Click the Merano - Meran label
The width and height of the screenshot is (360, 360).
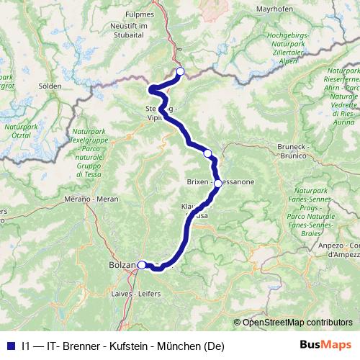pos(91,198)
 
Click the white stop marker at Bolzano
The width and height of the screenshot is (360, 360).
pos(142,265)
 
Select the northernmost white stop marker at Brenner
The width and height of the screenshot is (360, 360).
pos(180,71)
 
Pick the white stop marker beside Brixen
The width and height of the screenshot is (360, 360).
pos(217,184)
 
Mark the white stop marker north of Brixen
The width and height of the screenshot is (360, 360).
pos(208,153)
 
